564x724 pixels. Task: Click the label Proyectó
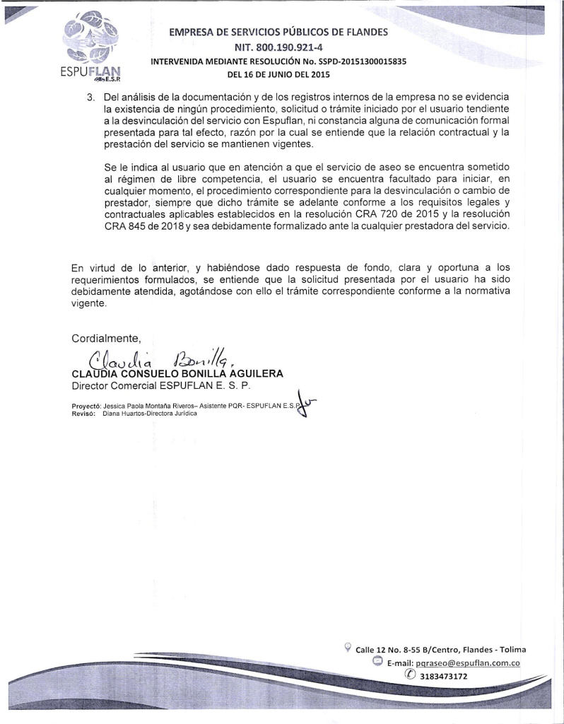(86, 407)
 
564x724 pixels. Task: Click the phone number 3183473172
(444, 677)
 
